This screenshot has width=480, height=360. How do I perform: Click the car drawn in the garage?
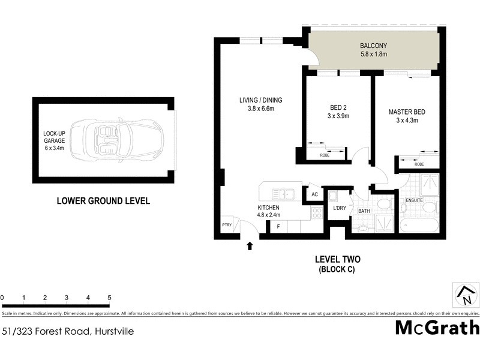coord(116,139)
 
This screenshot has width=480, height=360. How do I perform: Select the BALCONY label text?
coord(374,50)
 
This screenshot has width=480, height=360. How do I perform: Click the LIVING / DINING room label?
coord(260,104)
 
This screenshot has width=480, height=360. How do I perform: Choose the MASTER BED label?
coord(407,116)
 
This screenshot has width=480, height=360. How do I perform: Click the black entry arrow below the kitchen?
coord(250,245)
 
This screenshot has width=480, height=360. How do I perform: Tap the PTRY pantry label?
coord(227,225)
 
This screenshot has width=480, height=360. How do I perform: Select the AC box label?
coord(314,194)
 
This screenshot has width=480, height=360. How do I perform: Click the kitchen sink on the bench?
coord(281,194)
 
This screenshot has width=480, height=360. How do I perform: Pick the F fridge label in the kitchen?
coord(278,227)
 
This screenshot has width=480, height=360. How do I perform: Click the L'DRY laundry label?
coord(340,208)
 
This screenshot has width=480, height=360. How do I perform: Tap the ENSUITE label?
coord(415,200)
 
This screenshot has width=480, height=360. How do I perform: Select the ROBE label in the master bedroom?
coord(419,164)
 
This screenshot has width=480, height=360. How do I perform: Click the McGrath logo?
coord(437,328)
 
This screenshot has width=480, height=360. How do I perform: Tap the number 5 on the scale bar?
coord(109,298)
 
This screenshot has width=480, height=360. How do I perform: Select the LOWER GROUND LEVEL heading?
coord(103,201)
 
